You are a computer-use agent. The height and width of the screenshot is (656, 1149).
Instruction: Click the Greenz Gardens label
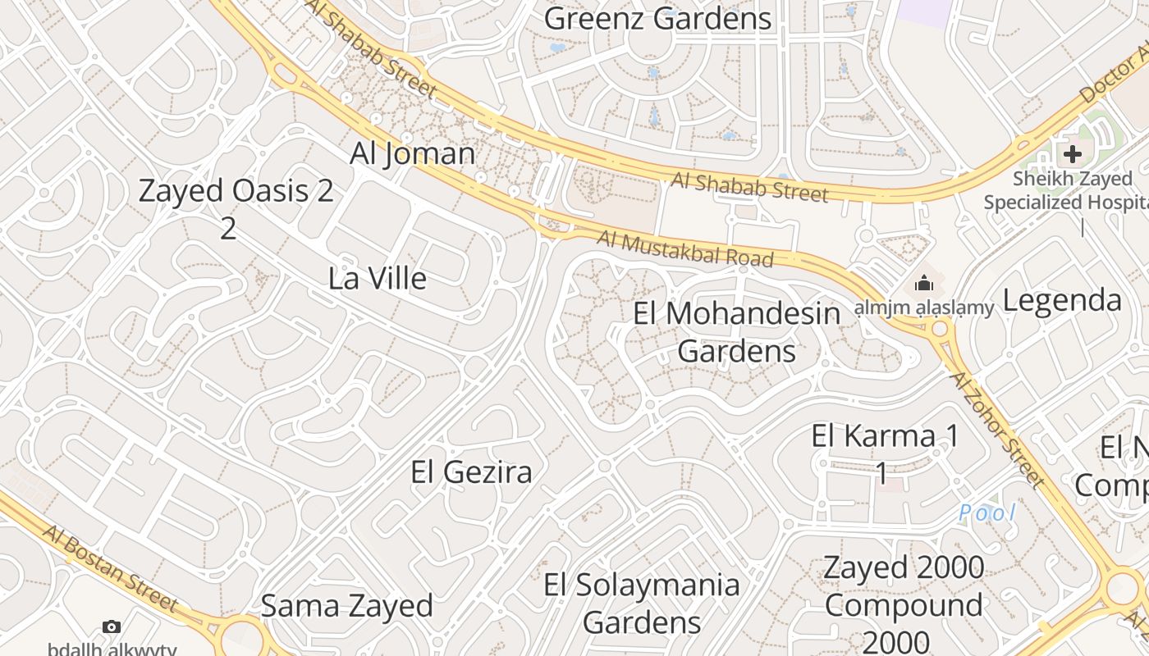point(657,18)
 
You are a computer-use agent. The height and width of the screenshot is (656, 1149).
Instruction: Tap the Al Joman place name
point(413,153)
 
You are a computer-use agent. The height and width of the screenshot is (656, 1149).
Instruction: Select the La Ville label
point(378,278)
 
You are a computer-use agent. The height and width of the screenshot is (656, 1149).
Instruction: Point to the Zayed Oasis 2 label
point(236,191)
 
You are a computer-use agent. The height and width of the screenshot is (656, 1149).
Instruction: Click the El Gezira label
point(471,471)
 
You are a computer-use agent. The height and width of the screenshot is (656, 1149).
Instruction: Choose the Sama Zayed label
point(346,606)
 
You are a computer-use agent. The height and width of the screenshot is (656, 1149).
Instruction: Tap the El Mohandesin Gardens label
point(737,332)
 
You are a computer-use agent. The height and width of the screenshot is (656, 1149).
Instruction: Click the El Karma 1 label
point(885,436)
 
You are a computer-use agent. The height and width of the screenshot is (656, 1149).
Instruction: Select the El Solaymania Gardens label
point(642,603)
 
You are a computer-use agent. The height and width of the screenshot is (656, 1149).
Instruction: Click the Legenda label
point(1062,300)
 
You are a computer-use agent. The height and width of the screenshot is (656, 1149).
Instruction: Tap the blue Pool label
point(987,514)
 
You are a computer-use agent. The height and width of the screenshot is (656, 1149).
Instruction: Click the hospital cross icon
point(1072,153)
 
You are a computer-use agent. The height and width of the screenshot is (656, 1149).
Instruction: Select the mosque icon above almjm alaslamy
point(924,284)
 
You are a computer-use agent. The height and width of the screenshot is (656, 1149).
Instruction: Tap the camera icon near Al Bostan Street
point(112,627)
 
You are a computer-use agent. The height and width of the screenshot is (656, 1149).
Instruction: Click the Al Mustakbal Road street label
point(685,249)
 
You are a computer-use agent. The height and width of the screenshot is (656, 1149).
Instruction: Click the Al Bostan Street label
point(110,568)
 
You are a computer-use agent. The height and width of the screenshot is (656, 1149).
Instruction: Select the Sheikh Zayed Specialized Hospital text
point(1071,190)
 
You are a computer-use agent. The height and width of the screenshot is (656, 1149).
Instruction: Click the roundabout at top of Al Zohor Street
point(940,330)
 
